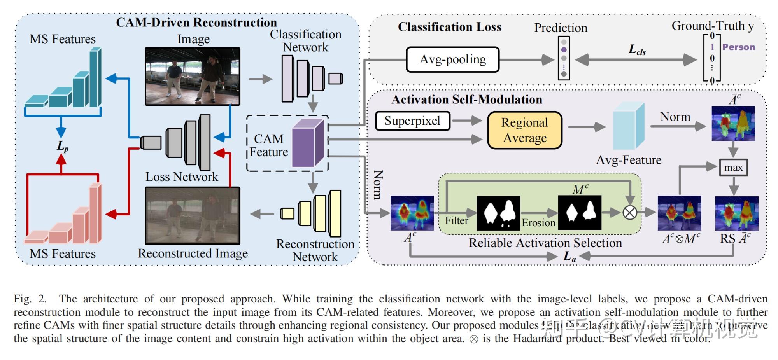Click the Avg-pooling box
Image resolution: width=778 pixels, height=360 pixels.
[x=452, y=59]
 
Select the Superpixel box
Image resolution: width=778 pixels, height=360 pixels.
[x=412, y=121]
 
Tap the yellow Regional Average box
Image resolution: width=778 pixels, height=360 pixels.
[x=524, y=130]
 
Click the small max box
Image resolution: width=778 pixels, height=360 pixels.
[x=733, y=168]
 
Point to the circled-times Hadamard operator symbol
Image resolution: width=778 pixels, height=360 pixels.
[x=630, y=212]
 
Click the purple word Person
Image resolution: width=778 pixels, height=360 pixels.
[x=738, y=47]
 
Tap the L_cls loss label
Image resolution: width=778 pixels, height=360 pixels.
[x=637, y=50]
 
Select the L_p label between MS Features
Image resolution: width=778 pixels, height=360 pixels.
[x=62, y=146]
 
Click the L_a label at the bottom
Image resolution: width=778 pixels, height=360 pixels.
[x=569, y=256]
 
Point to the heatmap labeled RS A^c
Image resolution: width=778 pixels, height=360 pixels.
[x=736, y=213]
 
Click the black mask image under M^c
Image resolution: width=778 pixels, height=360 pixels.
[x=579, y=213]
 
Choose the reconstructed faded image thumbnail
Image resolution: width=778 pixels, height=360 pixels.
[x=192, y=216]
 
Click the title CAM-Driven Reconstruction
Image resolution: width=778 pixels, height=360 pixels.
[x=196, y=23]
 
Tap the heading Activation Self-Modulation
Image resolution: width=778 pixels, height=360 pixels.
[x=466, y=100]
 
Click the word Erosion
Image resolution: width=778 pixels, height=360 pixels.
[x=538, y=223]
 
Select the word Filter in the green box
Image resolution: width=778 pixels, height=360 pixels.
[x=456, y=221]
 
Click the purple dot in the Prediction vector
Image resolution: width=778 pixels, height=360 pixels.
[x=564, y=50]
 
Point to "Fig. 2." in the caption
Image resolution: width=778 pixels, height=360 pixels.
[x=30, y=299]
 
